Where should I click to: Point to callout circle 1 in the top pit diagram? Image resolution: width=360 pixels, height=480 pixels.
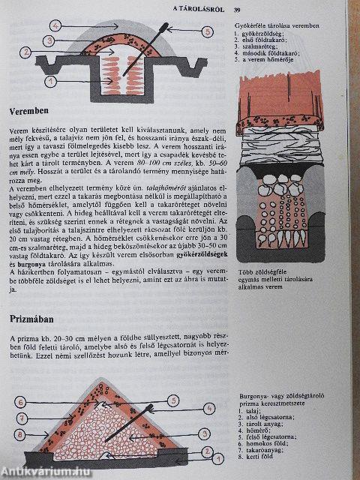coord(49,79)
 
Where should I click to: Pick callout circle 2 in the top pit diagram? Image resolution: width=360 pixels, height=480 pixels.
coord(25,52)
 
